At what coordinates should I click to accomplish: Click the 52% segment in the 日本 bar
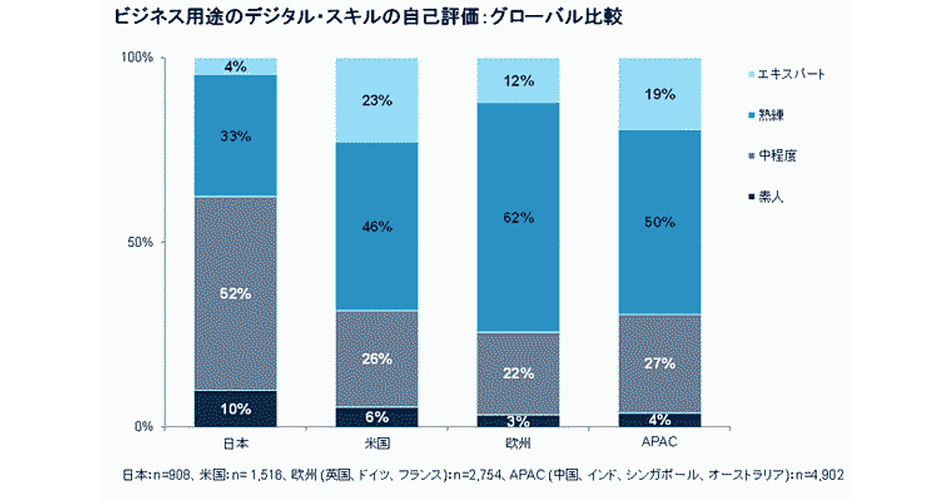click(x=236, y=293)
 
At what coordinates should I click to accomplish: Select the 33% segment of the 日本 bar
click(x=236, y=136)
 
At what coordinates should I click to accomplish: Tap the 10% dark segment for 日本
click(x=236, y=409)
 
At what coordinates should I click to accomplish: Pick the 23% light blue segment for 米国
click(x=377, y=100)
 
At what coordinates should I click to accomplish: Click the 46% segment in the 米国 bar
click(x=377, y=226)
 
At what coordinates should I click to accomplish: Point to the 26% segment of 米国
click(x=377, y=358)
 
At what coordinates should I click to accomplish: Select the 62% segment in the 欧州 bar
click(x=519, y=217)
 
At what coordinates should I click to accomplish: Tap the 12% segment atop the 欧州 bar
click(x=519, y=80)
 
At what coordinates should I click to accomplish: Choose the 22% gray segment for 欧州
click(x=519, y=373)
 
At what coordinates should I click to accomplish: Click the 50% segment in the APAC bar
click(x=660, y=221)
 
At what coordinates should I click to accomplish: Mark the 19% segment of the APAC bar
click(x=660, y=94)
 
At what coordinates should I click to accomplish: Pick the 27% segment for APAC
click(x=660, y=363)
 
